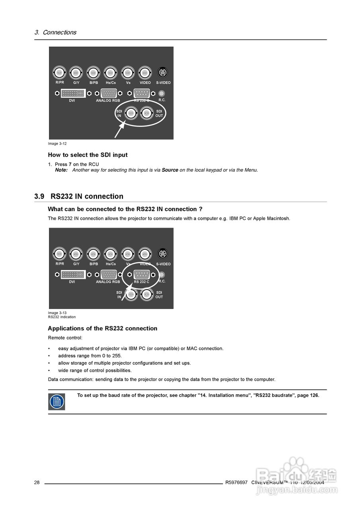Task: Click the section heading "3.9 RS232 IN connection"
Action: click(79, 196)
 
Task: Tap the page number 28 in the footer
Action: click(37, 483)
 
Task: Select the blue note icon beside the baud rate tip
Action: click(57, 402)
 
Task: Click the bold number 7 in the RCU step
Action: click(70, 164)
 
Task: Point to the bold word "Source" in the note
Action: click(170, 170)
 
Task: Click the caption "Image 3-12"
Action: click(57, 143)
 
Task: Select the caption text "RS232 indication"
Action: click(62, 317)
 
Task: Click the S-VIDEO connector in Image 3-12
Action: click(162, 73)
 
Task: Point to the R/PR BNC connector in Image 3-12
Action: click(59, 73)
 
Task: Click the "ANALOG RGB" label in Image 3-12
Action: click(108, 101)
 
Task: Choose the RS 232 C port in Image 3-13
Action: click(141, 275)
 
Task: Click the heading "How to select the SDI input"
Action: click(88, 155)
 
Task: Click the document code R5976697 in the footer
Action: click(236, 483)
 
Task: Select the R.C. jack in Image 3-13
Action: click(162, 275)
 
